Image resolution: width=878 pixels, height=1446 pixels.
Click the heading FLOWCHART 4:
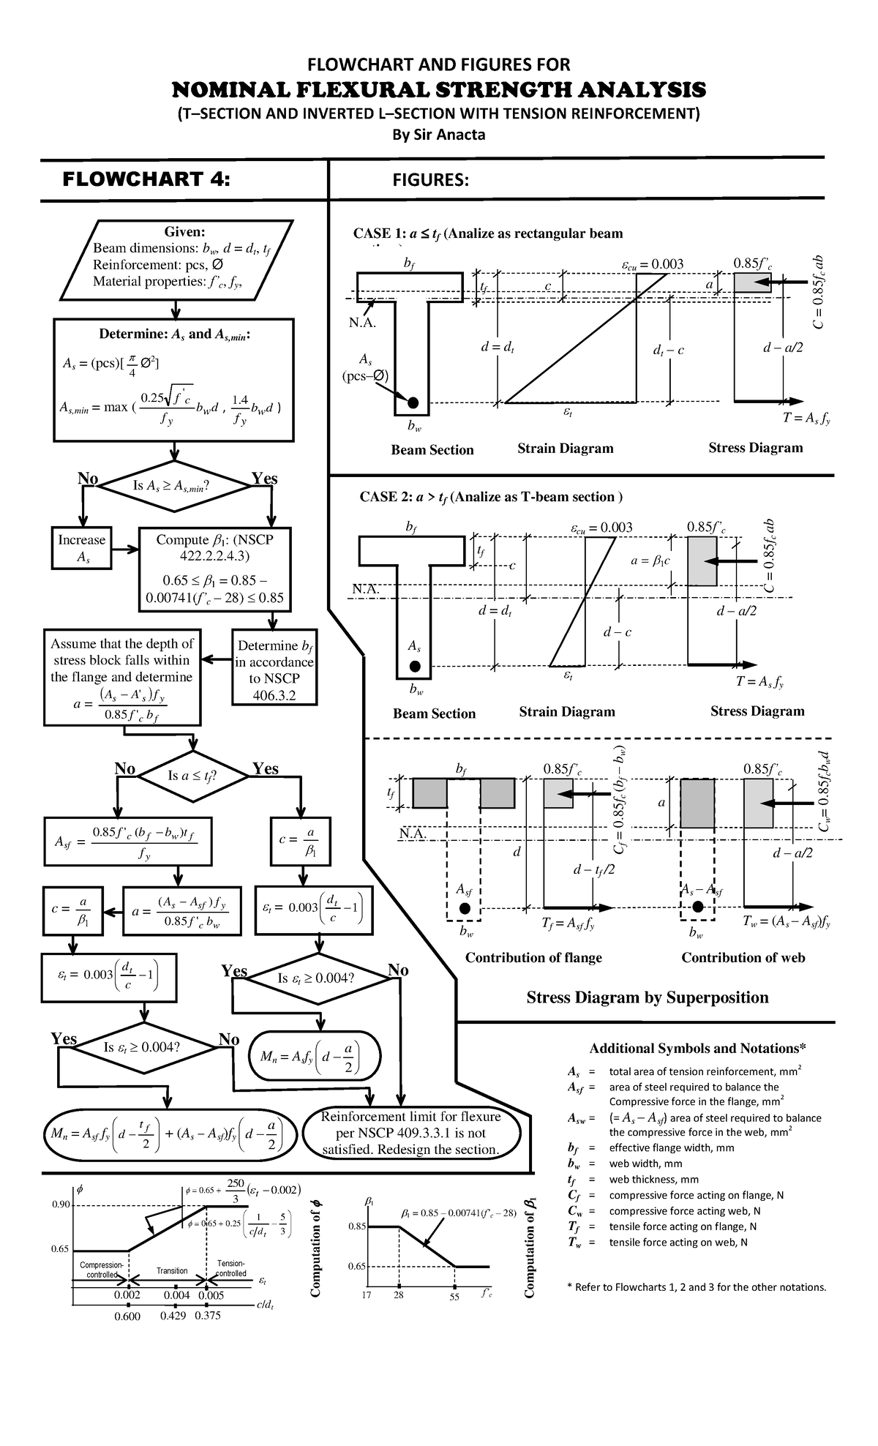(146, 179)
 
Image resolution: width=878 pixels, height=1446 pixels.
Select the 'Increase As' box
(81, 548)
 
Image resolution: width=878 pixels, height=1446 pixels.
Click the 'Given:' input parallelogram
(176, 260)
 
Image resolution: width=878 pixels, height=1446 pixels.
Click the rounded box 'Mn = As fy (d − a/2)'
(315, 1056)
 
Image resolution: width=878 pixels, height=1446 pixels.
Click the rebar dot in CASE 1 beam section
(413, 402)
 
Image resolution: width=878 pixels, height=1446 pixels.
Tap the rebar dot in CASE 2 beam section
(415, 666)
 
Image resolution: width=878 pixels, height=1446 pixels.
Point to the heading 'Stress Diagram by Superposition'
(648, 997)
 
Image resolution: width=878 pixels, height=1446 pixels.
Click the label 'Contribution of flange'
(533, 958)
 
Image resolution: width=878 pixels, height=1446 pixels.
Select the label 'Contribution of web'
(743, 958)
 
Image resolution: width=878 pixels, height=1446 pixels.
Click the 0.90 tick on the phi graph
(60, 1205)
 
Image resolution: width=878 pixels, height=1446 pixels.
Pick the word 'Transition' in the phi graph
(172, 1271)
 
